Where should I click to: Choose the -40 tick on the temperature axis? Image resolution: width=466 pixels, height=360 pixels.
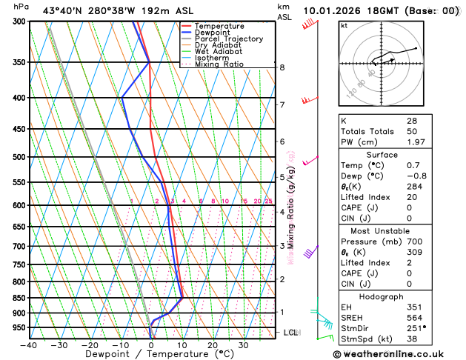coord(29,344)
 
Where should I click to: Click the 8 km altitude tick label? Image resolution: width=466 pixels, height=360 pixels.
coord(282,67)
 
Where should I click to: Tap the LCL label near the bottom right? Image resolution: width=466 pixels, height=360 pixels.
coord(290,333)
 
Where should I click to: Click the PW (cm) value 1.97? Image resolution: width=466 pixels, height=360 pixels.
coord(416,141)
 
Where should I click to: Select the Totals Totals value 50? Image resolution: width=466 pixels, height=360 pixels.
coord(411,131)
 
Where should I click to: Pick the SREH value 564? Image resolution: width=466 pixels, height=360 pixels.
coord(413,318)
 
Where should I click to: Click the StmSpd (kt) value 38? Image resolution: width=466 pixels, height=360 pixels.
coord(411,339)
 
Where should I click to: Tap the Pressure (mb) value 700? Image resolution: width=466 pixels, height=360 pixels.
coord(413,241)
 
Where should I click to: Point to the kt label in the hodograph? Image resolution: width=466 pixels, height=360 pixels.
coord(344,25)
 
